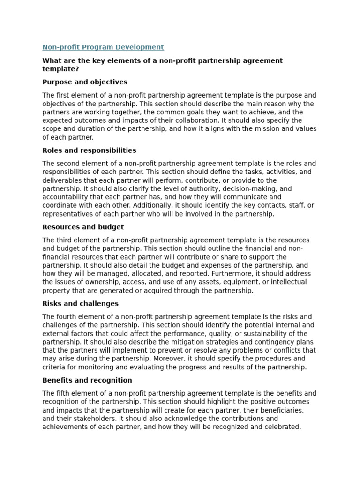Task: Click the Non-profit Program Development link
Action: (103, 47)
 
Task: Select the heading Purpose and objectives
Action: (84, 82)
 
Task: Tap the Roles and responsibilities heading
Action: (89, 150)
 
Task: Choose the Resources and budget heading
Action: (83, 227)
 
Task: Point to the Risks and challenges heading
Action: (80, 303)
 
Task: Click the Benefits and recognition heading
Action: (87, 380)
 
